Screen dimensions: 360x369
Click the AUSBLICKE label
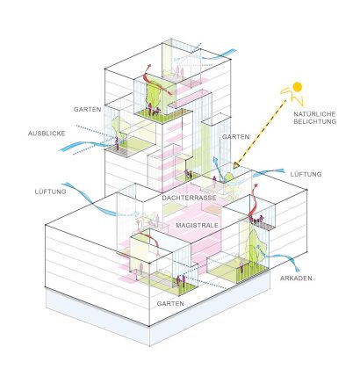point(47,134)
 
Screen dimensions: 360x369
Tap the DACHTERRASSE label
point(190,198)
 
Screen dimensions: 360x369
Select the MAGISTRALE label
point(197,225)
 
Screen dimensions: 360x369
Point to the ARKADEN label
point(296,279)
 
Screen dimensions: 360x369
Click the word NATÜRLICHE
point(314,114)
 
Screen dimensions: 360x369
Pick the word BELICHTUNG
point(315,121)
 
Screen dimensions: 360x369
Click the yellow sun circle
point(297,87)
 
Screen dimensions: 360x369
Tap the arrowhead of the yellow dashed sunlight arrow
point(236,166)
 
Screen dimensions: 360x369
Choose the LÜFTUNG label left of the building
point(50,192)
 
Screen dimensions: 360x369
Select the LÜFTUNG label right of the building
point(306,174)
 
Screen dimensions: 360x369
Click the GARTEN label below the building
point(170,304)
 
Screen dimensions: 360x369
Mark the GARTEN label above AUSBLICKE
point(87,110)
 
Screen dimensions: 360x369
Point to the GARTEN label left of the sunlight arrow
point(235,137)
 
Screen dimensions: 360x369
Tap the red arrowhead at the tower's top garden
point(149,66)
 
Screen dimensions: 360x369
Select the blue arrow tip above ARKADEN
point(297,269)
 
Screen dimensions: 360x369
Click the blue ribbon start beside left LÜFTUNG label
point(65,184)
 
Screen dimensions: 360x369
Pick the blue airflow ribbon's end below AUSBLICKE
point(61,150)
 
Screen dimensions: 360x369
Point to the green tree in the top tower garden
point(154,94)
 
